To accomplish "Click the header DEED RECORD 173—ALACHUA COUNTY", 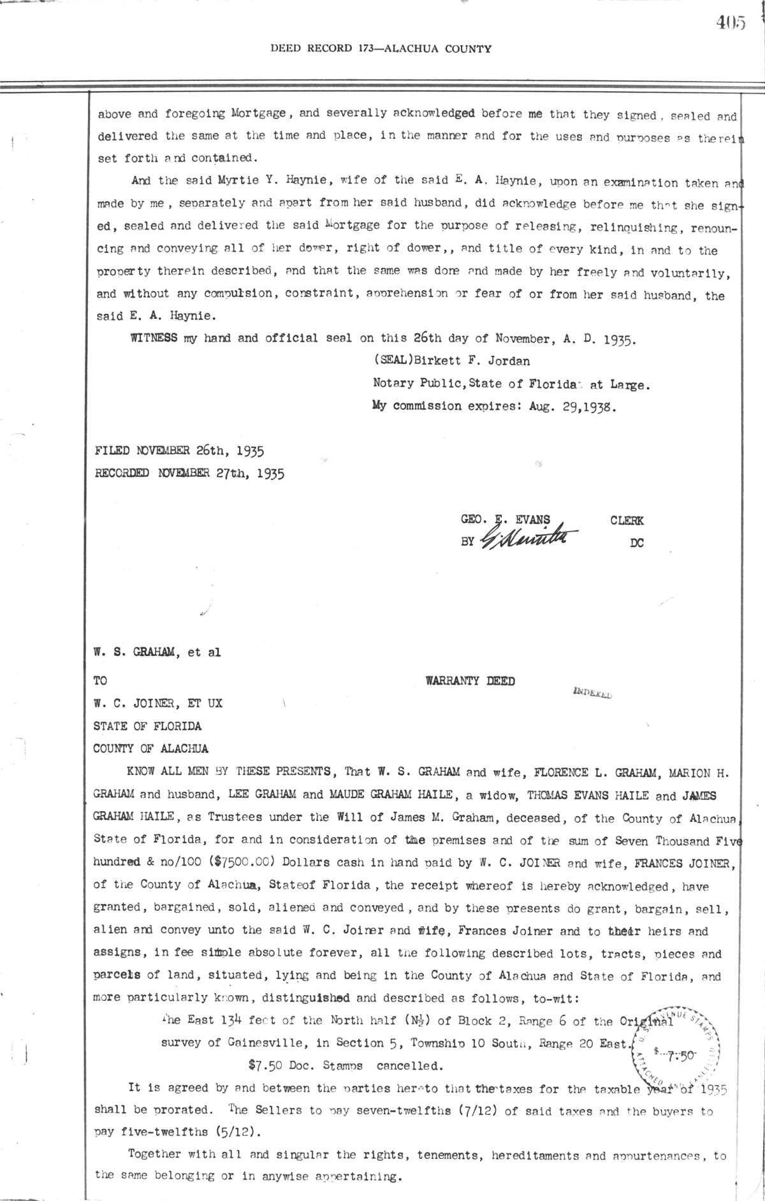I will pos(381,48).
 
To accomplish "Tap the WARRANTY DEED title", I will pos(470,681).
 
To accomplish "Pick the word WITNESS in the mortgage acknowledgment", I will pos(154,338).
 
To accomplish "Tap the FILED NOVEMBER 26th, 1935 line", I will pos(180,451).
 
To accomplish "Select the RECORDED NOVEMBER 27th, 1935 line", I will pos(189,473).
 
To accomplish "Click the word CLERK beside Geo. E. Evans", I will pos(627,520).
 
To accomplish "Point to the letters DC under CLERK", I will pos(636,542).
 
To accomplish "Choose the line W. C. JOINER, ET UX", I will pos(158,704).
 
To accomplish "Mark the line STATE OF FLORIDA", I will pos(147,726).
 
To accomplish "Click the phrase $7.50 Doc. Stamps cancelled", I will pos(345,1065).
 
